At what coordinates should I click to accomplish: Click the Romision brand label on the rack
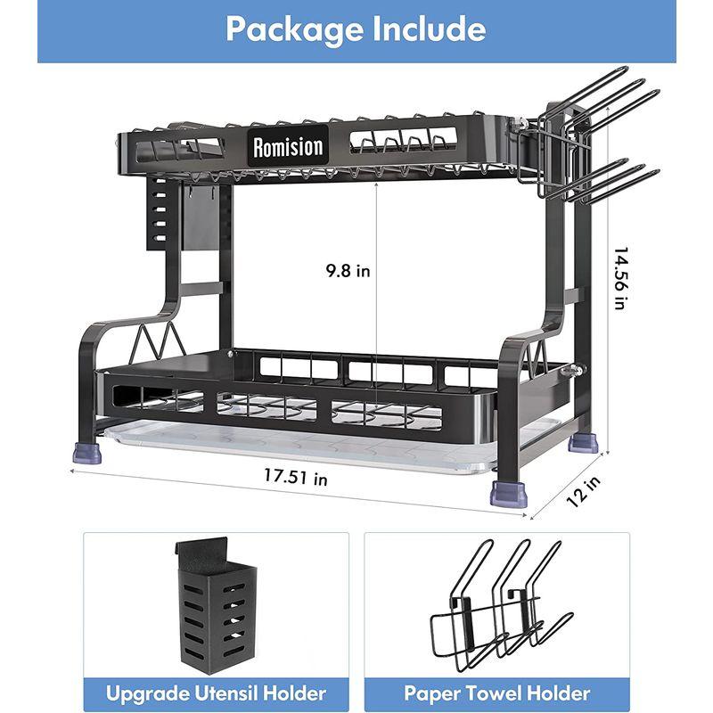(288, 146)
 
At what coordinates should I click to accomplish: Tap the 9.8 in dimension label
(348, 271)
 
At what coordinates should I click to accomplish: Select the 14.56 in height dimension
(620, 278)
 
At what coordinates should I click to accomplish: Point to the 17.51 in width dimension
(296, 477)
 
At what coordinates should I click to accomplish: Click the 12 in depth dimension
(584, 491)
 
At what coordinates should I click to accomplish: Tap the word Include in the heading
(430, 29)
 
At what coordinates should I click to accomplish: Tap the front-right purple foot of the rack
(509, 495)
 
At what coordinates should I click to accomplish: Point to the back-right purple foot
(583, 443)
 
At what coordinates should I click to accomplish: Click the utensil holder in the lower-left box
(217, 606)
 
